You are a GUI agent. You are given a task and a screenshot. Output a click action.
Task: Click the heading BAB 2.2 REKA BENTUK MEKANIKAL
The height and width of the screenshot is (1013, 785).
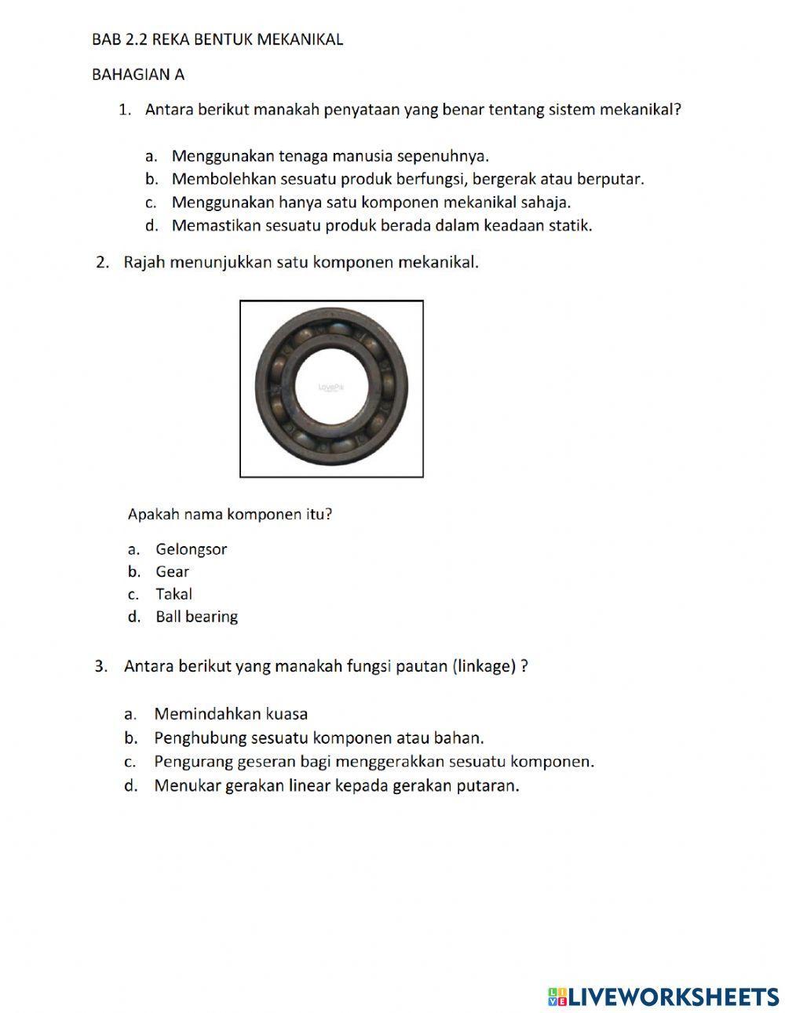[x=217, y=39]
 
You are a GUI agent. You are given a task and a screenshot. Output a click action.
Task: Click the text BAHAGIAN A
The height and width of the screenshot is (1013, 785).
[x=138, y=75]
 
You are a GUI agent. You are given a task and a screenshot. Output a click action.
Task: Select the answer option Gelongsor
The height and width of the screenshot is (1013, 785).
[x=191, y=549]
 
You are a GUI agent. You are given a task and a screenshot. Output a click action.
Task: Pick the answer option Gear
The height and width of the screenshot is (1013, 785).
[x=172, y=572]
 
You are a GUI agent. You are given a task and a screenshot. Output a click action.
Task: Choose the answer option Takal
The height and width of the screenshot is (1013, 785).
[x=173, y=594]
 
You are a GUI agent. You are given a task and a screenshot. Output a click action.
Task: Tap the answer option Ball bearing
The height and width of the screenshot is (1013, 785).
[x=196, y=617]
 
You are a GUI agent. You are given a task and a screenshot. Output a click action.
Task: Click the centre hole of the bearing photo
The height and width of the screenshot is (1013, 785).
[x=332, y=388]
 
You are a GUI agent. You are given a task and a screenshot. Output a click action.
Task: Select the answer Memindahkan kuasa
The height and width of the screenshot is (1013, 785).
[x=231, y=714]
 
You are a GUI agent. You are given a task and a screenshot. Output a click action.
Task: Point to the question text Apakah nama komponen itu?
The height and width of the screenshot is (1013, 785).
[x=230, y=515]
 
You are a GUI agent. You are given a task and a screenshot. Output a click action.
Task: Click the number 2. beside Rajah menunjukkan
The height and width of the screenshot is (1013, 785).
[x=102, y=262]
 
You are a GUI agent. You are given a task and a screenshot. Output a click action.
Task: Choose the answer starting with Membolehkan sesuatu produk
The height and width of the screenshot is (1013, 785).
[x=407, y=179]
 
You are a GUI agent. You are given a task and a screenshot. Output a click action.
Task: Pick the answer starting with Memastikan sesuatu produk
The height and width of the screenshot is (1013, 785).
[x=382, y=226]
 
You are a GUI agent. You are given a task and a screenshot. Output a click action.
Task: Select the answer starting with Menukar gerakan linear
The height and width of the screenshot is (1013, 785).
[x=337, y=785]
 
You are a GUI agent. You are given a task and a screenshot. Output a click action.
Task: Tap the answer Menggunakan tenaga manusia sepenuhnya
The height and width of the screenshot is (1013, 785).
[x=330, y=155]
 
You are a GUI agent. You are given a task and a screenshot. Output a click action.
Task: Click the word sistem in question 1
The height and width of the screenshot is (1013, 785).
[x=573, y=110]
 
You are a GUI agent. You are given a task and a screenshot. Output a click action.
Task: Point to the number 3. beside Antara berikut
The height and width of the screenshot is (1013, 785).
[x=100, y=666]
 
